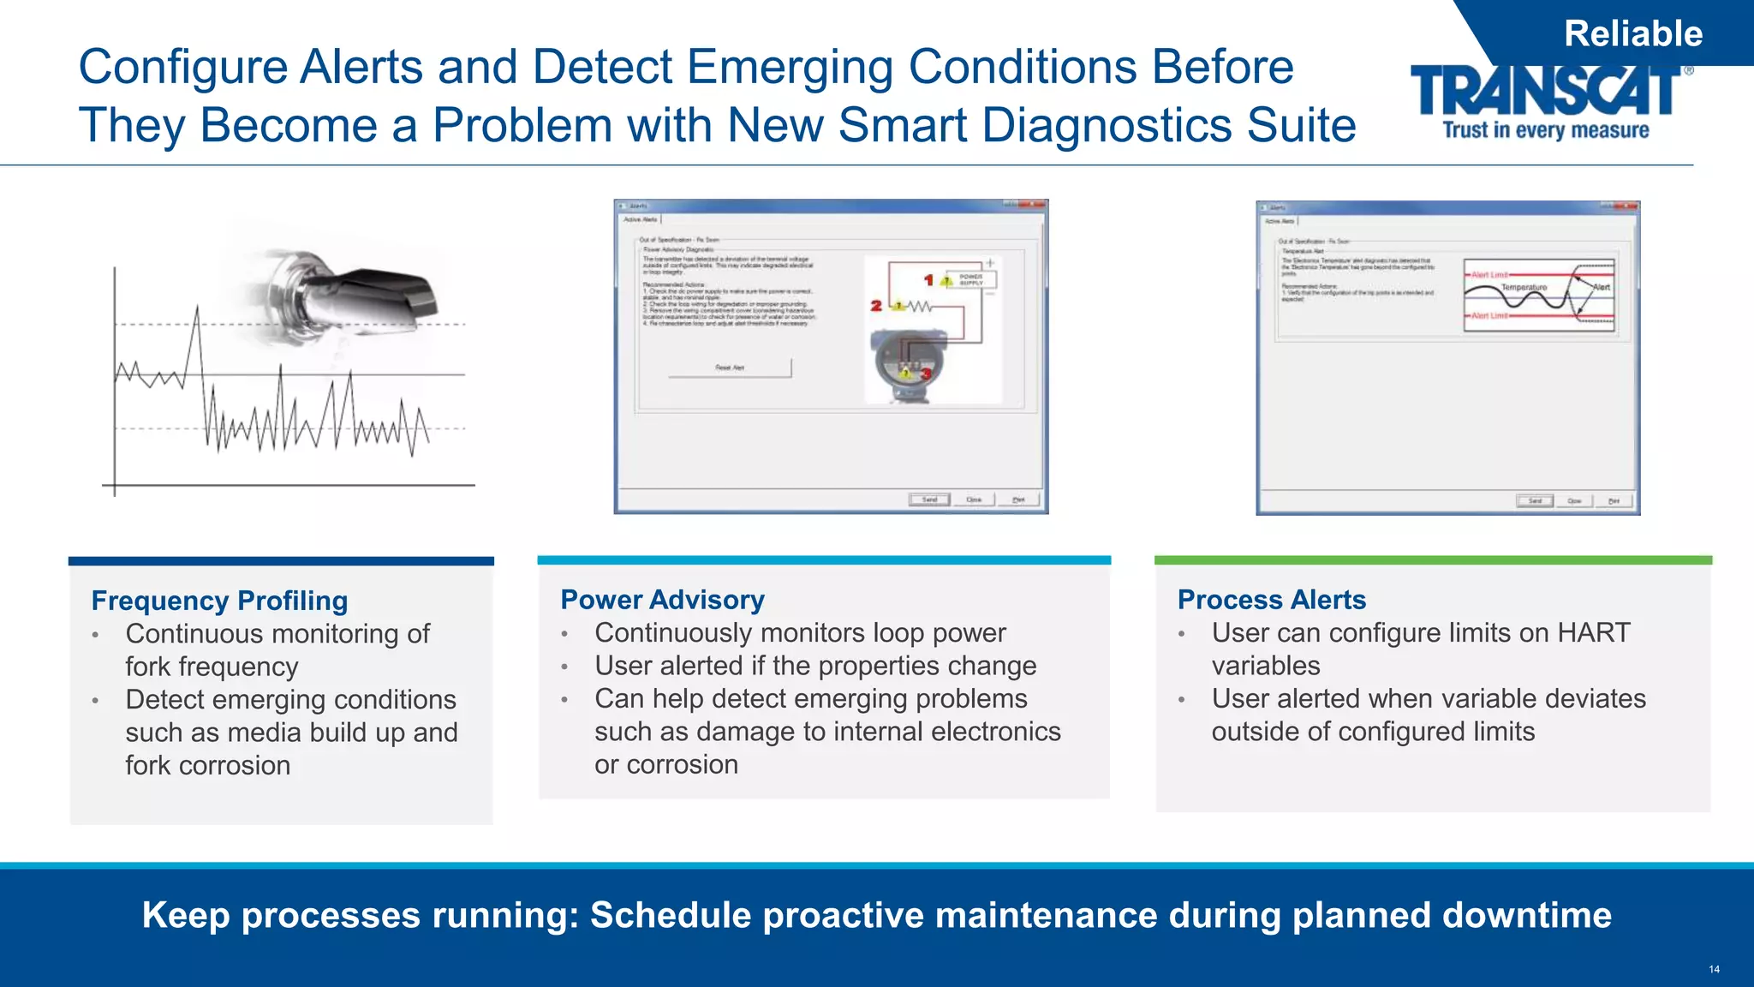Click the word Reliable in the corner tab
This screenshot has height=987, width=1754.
1632,34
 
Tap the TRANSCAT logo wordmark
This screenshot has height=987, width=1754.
1546,91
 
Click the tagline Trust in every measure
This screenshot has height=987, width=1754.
1545,130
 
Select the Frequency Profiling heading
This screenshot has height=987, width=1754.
219,601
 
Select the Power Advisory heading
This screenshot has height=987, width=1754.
662,600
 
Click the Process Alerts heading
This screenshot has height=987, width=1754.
1271,600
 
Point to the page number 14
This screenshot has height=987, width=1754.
1714,969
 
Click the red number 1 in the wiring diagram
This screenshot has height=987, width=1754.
928,280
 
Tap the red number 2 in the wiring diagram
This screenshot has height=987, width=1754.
875,305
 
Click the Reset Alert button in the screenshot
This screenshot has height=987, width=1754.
730,368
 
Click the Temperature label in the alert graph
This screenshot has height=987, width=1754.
1524,288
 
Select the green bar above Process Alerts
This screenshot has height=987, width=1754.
1432,560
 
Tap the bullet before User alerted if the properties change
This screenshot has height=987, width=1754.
564,667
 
